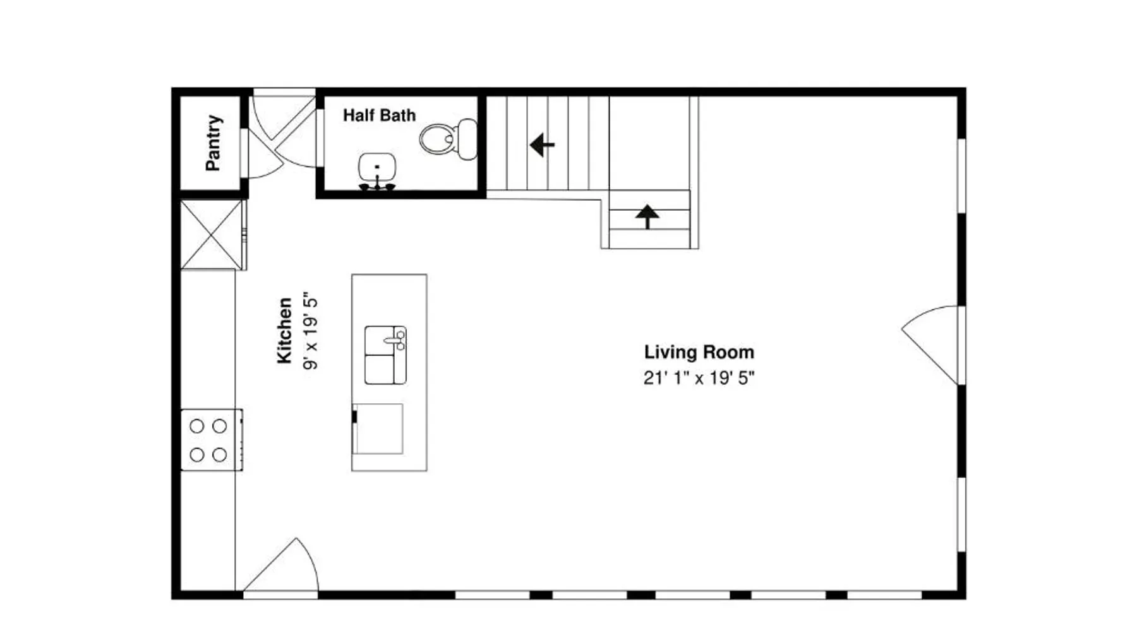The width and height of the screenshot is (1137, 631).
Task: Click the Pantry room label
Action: (214, 143)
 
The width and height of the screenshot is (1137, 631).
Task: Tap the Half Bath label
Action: (379, 115)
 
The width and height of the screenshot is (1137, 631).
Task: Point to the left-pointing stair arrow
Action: (542, 144)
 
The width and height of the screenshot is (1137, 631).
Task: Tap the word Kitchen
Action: (285, 331)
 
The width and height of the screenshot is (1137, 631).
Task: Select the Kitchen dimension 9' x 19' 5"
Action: (310, 331)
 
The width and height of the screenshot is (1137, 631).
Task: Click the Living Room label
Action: (699, 352)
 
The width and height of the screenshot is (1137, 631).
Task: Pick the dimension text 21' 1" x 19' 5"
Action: (699, 378)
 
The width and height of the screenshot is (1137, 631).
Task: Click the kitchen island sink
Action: (385, 355)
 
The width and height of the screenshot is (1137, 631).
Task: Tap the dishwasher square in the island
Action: (378, 429)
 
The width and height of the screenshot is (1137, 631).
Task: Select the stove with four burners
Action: (212, 440)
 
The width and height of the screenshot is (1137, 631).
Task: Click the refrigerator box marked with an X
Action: (212, 235)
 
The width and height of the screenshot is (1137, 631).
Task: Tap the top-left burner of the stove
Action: (197, 426)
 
